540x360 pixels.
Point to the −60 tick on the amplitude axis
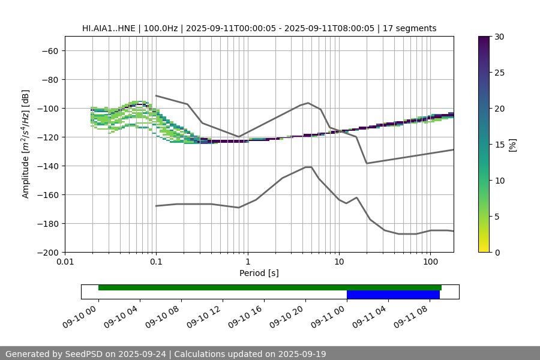click(x=49, y=50)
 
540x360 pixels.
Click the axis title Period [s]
click(x=259, y=273)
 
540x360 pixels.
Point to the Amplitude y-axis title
click(x=26, y=144)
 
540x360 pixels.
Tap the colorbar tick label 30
click(x=499, y=37)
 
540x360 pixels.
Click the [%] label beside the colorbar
click(x=512, y=144)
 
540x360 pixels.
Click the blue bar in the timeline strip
click(x=393, y=295)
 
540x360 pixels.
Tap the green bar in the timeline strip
click(x=270, y=287)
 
